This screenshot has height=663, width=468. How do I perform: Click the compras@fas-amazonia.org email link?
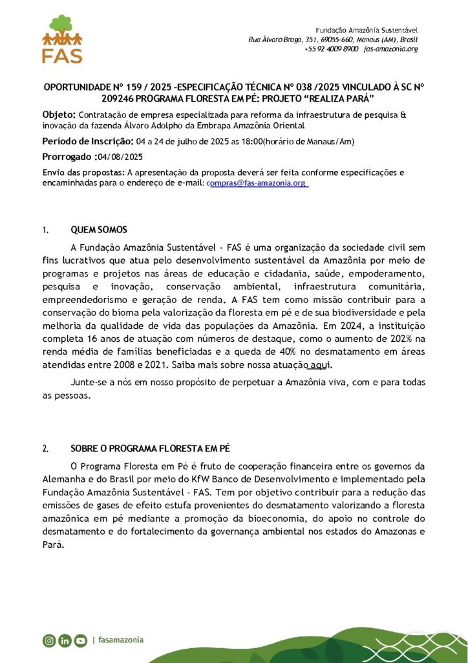tap(256, 183)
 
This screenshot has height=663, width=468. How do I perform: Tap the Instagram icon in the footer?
tap(49, 640)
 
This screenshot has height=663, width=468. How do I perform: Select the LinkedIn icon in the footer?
tap(65, 640)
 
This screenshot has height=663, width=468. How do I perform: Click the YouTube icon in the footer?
tap(80, 640)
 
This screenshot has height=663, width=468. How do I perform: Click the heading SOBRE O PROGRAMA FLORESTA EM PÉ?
tap(150, 448)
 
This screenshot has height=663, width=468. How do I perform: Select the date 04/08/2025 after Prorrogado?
tap(120, 157)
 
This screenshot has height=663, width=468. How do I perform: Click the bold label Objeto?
tap(59, 115)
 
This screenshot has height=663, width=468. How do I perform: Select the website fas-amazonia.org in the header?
tap(391, 49)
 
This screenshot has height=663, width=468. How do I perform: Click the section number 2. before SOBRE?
tap(45, 448)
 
